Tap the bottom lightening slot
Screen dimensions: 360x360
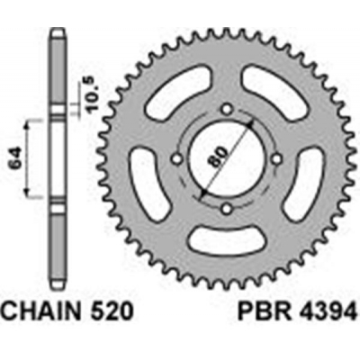pos(224,245)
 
